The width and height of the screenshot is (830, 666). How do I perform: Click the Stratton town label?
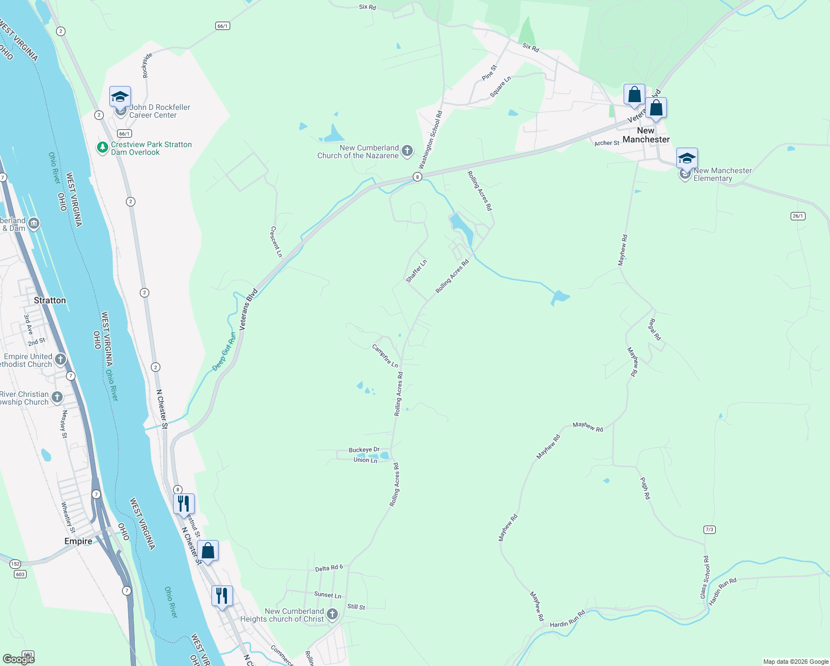click(50, 300)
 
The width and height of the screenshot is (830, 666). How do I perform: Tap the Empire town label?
click(78, 541)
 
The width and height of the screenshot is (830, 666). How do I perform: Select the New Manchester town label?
click(646, 135)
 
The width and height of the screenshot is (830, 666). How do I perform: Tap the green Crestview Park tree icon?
click(102, 148)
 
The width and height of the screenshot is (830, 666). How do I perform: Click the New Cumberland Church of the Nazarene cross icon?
click(407, 151)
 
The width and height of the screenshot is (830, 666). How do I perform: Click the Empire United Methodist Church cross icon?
click(60, 360)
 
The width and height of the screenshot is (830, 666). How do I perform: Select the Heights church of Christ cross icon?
click(332, 614)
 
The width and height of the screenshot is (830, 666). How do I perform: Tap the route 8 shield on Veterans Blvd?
click(417, 176)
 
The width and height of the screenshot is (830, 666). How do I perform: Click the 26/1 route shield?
click(798, 216)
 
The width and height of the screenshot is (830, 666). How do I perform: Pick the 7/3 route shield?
click(709, 529)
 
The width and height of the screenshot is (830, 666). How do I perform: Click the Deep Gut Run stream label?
click(224, 352)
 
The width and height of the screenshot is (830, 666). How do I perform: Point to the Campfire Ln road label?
click(385, 356)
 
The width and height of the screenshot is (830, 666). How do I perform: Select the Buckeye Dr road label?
click(364, 450)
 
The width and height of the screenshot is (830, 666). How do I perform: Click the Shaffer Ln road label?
click(417, 271)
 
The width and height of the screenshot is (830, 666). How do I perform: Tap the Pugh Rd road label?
click(645, 488)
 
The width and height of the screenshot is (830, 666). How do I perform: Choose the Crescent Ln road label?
click(276, 241)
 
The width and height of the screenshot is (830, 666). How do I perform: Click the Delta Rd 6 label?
click(329, 568)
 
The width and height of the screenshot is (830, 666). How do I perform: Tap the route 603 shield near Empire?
click(21, 574)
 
